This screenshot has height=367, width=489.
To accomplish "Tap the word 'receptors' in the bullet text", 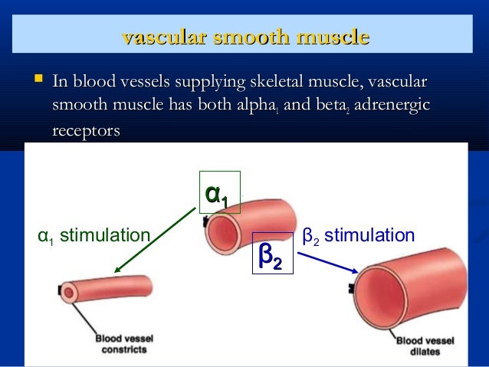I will click(x=86, y=131).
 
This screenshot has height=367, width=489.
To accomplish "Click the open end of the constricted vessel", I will click(x=71, y=291).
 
